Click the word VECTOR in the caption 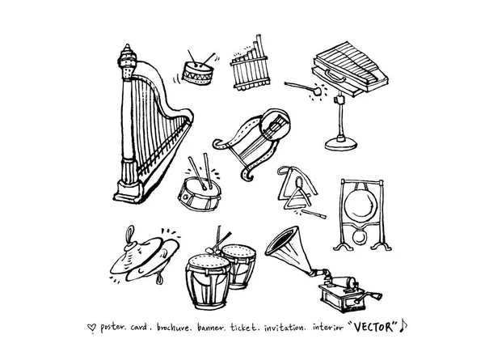point(375,327)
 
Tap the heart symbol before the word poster point(91,328)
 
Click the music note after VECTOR point(403,326)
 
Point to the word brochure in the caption point(173,327)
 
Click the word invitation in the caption point(284,327)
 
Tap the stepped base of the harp point(129,192)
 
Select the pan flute point(250,66)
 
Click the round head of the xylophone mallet point(316,91)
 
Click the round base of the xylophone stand point(341,144)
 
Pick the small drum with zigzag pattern point(198,73)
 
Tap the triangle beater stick point(314,214)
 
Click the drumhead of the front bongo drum point(209,262)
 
